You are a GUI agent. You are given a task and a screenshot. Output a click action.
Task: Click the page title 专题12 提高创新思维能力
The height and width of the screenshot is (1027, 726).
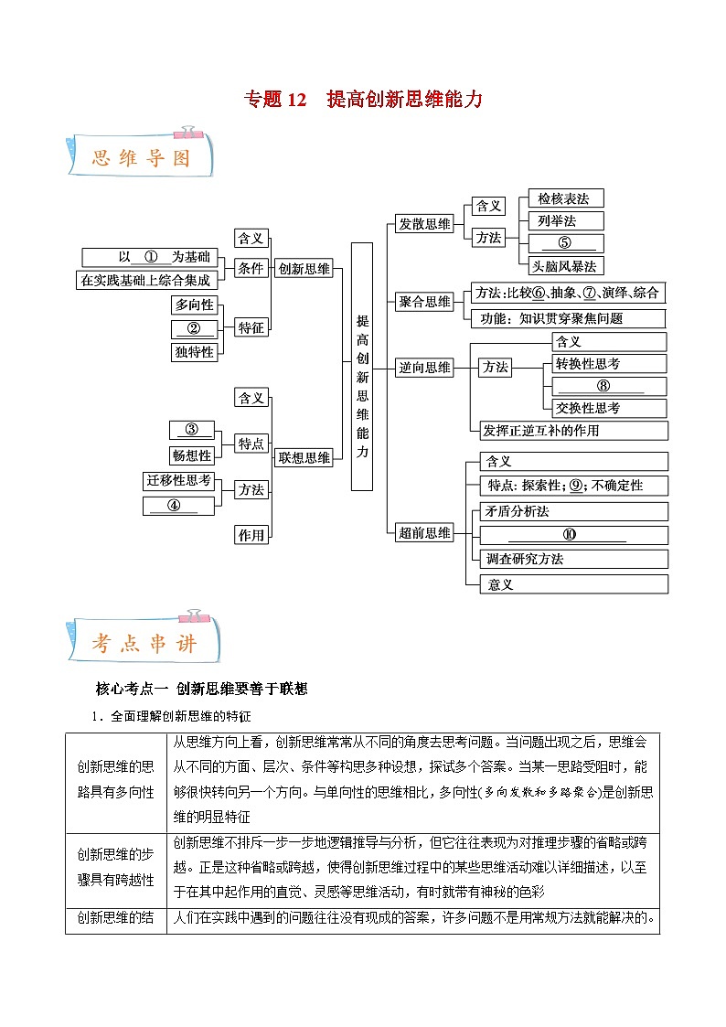coord(362,99)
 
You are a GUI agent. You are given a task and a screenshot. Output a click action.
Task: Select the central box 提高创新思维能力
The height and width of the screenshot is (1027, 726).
coord(362,366)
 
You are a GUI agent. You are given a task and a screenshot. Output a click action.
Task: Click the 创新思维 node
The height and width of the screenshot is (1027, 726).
coord(304,269)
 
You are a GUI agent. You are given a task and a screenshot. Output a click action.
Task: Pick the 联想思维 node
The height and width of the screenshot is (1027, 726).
coord(304,457)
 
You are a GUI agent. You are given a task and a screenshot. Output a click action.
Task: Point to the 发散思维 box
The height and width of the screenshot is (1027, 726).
coord(424,224)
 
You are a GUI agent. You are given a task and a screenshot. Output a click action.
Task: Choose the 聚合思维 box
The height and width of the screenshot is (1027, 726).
coord(424,302)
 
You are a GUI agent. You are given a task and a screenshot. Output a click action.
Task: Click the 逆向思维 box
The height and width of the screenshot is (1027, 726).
coord(424,368)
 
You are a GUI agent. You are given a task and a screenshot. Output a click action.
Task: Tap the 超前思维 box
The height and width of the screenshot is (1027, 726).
coord(424,533)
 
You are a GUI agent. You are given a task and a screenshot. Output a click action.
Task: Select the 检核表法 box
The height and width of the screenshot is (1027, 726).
coord(565,198)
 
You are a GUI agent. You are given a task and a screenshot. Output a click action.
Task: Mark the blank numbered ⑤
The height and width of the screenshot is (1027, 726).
coord(565,243)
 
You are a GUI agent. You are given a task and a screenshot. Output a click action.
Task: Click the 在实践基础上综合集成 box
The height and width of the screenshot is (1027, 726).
coord(145,281)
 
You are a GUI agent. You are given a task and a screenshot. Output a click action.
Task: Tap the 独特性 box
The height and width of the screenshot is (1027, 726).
coord(194,351)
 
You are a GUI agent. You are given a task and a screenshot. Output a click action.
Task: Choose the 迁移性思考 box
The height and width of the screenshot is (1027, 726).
coord(178,480)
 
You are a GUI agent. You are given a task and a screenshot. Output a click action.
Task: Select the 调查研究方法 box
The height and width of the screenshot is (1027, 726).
coord(574,559)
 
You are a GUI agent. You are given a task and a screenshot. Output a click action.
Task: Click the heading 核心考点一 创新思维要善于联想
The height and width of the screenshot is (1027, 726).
coord(201,689)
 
